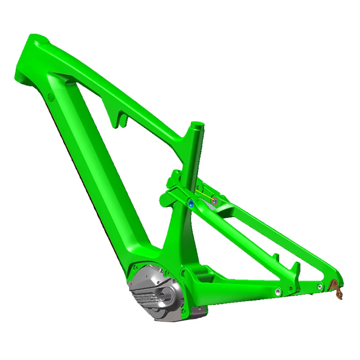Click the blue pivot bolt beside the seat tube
click(190, 203)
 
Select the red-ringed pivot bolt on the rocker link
click(215, 200)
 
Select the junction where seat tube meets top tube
click(193, 139)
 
